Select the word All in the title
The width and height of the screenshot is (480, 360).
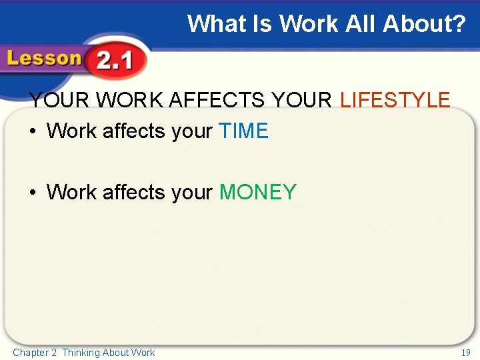click(x=357, y=24)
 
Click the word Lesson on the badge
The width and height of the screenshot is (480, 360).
click(x=44, y=59)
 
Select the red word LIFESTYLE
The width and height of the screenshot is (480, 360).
click(x=395, y=101)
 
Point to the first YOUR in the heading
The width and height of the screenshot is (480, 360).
click(x=59, y=101)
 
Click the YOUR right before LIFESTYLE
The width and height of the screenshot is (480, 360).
click(x=302, y=101)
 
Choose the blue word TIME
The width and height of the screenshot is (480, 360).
click(x=243, y=131)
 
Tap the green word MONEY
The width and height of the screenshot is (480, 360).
click(x=257, y=193)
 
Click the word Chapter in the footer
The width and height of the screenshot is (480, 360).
click(x=31, y=353)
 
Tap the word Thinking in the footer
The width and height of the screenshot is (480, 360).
click(x=81, y=353)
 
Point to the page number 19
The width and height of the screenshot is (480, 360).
click(x=465, y=353)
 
